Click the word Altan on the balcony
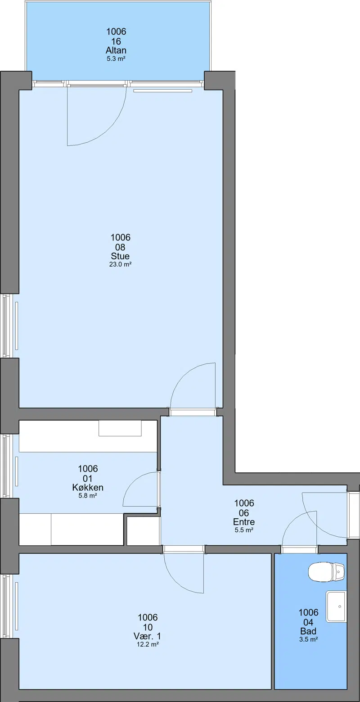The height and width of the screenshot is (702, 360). click(116, 50)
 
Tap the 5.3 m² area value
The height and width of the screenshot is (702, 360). click(116, 58)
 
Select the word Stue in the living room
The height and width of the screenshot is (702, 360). click(120, 256)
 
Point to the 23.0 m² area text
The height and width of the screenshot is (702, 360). click(120, 264)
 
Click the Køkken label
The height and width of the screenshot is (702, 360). click(88, 487)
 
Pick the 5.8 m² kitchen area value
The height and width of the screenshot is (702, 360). click(88, 495)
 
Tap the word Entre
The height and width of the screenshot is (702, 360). click(244, 522)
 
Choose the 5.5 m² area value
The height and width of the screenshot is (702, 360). click(244, 530)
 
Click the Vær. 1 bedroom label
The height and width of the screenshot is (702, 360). click(147, 636)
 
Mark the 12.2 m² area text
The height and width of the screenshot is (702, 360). click(147, 644)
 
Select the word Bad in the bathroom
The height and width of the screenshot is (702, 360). click(308, 631)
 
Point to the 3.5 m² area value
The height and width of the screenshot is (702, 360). click(308, 639)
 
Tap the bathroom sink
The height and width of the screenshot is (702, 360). click(336, 607)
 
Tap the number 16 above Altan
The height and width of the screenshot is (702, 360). click(116, 41)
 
